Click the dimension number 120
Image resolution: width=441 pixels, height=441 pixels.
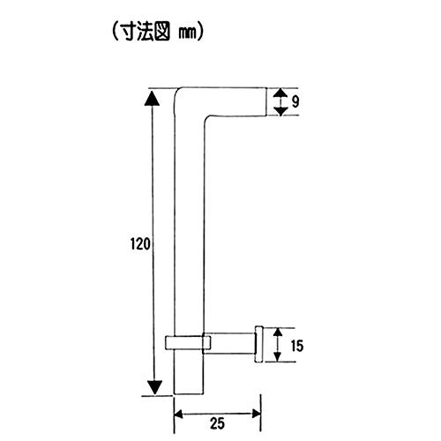click(140, 244)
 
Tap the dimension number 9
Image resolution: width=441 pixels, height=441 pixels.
click(295, 101)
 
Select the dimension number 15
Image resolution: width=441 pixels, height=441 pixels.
click(297, 346)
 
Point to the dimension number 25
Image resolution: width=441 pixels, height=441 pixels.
click(217, 423)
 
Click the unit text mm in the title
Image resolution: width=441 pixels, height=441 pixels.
click(187, 34)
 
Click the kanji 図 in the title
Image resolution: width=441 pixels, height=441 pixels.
click(161, 32)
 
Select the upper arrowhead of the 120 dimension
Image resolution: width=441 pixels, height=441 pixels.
click(152, 99)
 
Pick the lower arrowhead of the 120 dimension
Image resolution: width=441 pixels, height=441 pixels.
click(154, 388)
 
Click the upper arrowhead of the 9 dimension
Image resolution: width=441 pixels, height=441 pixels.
click(280, 93)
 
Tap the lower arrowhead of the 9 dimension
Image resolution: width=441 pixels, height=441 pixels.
click(281, 111)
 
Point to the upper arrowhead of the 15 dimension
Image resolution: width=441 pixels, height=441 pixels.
click(278, 333)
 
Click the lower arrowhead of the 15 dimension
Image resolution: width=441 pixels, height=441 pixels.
click(277, 356)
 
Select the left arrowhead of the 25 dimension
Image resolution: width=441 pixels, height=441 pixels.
click(178, 415)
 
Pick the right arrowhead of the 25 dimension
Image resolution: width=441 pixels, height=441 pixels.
click(257, 414)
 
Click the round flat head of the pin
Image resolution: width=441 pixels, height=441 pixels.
click(258, 344)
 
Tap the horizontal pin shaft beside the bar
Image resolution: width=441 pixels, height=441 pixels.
click(229, 343)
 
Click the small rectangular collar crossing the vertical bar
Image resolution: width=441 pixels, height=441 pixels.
click(188, 342)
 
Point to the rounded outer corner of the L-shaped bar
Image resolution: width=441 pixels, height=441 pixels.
click(178, 91)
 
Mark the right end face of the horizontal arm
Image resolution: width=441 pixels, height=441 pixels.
click(266, 101)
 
